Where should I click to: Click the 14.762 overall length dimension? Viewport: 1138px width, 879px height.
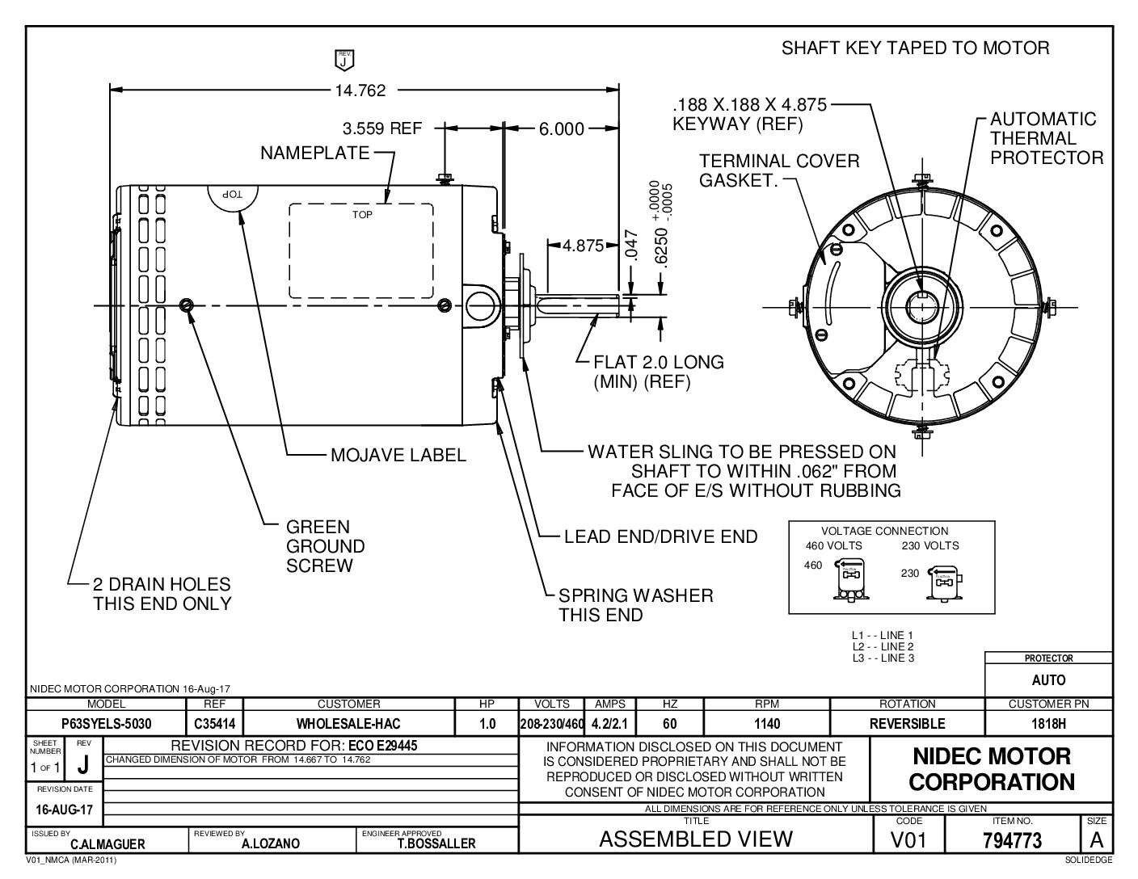click(x=360, y=90)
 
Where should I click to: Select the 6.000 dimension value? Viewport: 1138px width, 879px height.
click(x=562, y=128)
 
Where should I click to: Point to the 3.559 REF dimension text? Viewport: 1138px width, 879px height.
click(x=382, y=128)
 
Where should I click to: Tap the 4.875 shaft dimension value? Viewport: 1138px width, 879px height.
click(x=584, y=246)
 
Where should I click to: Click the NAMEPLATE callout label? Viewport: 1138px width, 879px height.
click(x=314, y=153)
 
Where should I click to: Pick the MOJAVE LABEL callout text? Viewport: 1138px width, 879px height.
click(x=398, y=455)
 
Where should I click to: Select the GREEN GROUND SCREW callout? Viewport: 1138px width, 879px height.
click(x=326, y=546)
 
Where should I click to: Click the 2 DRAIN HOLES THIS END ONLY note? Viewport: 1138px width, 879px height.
click(x=162, y=594)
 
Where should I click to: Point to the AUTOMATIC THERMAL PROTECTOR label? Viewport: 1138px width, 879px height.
click(x=1046, y=138)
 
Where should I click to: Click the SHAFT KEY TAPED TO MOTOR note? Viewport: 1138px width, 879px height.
click(x=915, y=48)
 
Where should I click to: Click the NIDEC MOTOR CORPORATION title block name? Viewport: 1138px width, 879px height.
click(x=992, y=768)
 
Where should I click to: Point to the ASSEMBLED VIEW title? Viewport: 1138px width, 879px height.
click(x=695, y=839)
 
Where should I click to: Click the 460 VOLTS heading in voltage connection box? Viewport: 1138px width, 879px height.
click(x=833, y=545)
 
